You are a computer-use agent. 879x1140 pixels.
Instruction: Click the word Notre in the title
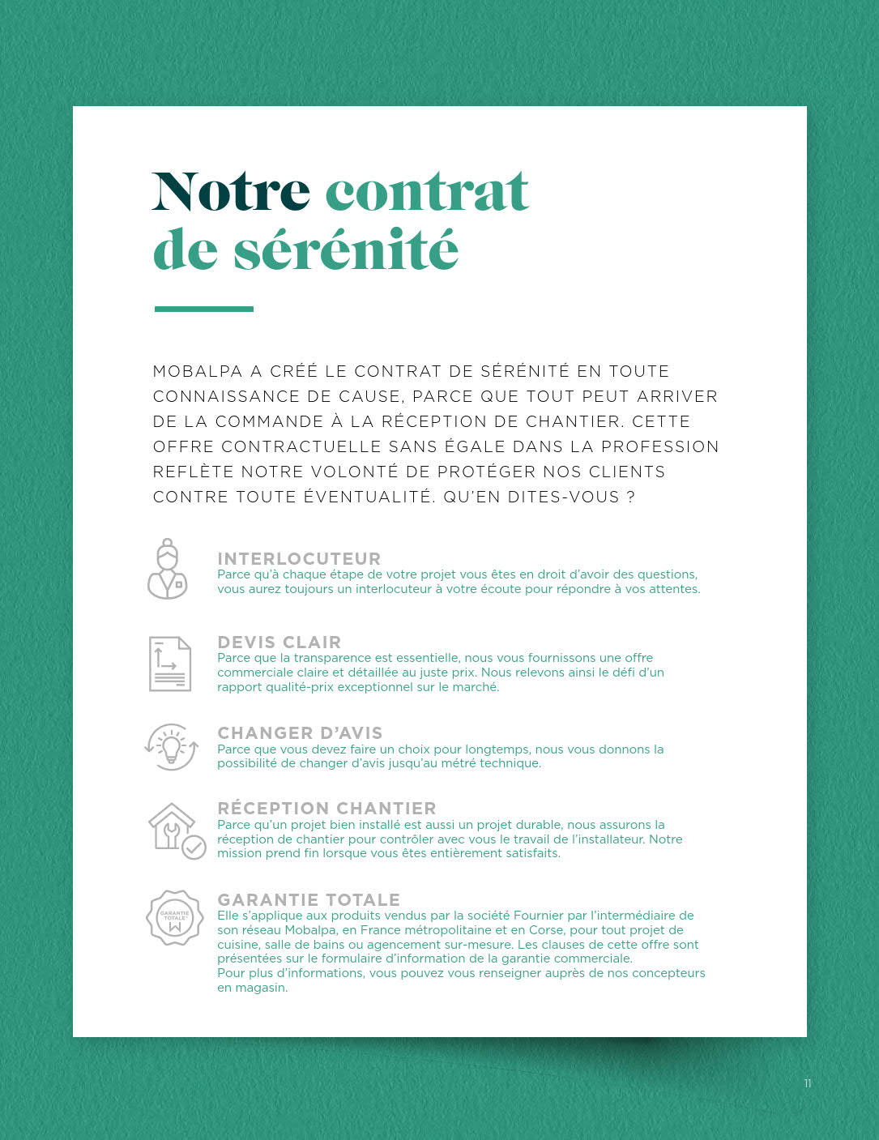(x=231, y=192)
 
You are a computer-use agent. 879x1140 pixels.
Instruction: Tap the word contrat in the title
(x=427, y=192)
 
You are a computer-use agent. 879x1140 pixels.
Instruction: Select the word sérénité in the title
(x=346, y=250)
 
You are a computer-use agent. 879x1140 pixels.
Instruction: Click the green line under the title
(x=204, y=309)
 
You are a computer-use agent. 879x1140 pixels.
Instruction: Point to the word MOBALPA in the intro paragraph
(x=198, y=372)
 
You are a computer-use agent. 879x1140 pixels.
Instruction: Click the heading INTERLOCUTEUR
(x=299, y=558)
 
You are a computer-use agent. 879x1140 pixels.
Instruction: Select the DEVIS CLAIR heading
(x=279, y=642)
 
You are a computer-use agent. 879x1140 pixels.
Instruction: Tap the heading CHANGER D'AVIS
(x=300, y=732)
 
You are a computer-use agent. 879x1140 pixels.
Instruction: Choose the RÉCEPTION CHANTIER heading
(x=326, y=808)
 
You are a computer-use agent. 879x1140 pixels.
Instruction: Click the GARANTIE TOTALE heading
(x=309, y=899)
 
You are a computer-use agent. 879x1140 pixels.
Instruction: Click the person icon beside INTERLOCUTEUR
(x=168, y=569)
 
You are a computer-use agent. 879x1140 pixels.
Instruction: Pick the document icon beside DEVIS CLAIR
(x=170, y=664)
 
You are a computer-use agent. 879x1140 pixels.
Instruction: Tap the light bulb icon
(x=171, y=746)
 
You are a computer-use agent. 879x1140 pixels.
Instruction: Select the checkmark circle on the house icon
(x=194, y=848)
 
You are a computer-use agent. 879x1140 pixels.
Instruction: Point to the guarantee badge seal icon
(x=174, y=917)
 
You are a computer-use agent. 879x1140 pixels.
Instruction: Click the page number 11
(x=807, y=1083)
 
